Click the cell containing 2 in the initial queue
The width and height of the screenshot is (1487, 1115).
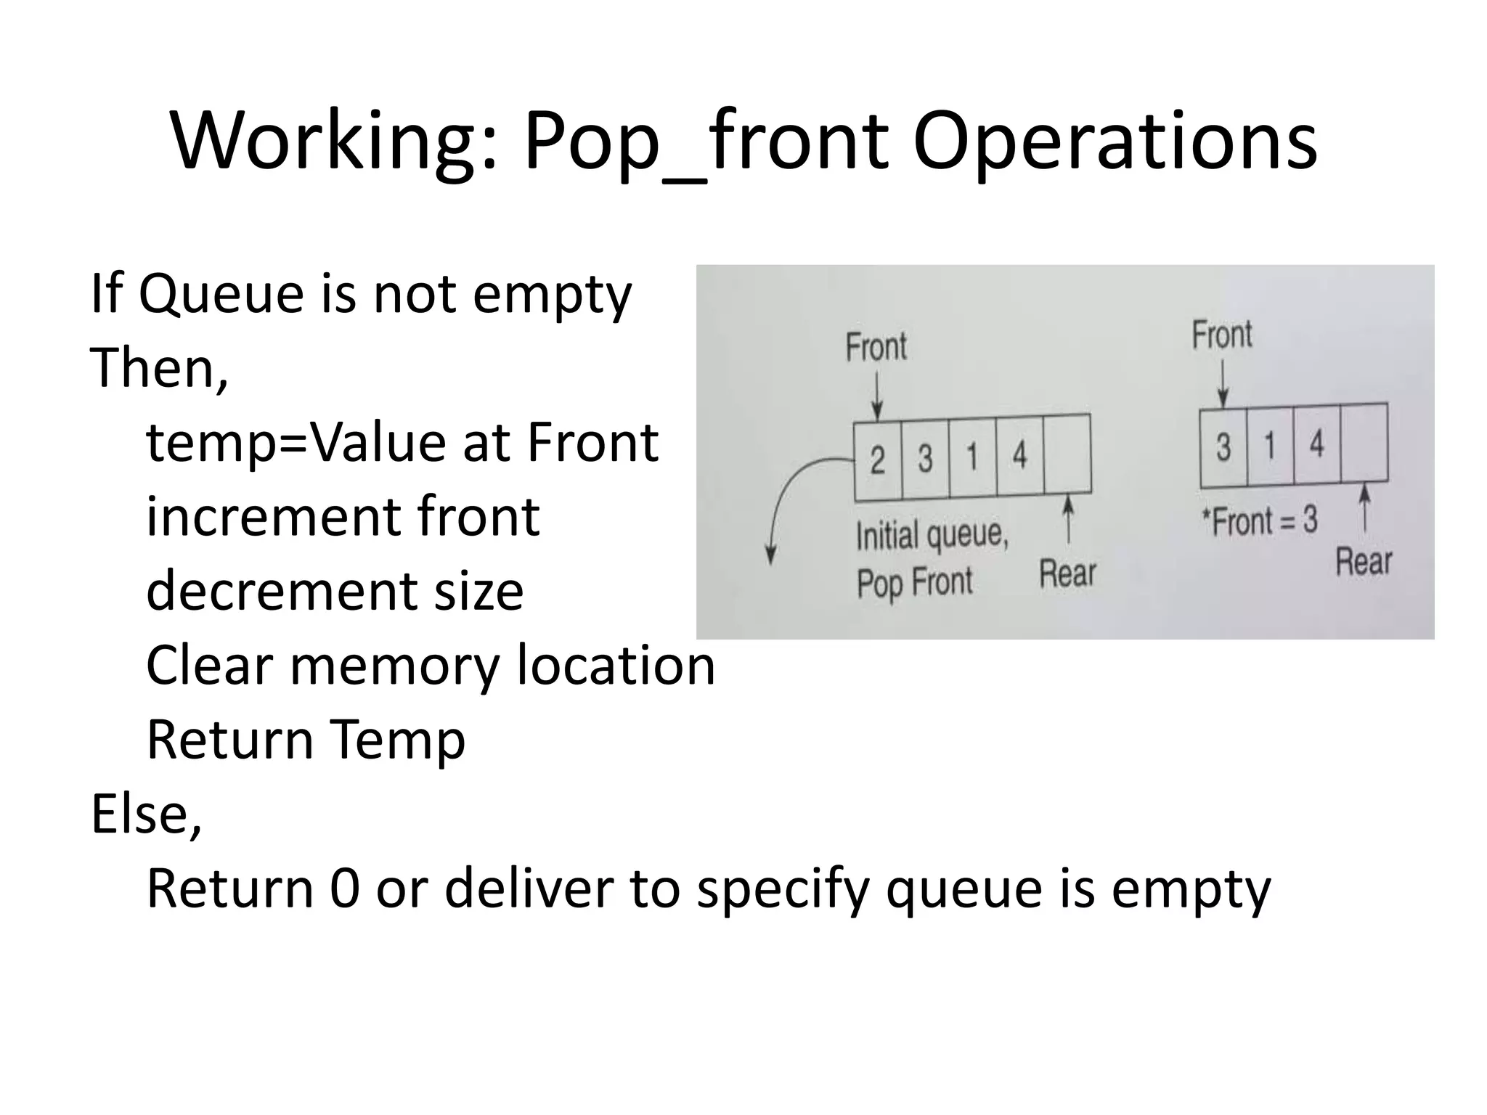pyautogui.click(x=878, y=460)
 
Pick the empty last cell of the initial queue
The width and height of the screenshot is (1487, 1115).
pyautogui.click(x=1067, y=454)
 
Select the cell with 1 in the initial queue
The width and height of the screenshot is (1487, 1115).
pyautogui.click(x=972, y=457)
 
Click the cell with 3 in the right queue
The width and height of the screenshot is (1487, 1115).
pyautogui.click(x=1223, y=447)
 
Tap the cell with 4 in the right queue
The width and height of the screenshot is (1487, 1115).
pyautogui.click(x=1316, y=444)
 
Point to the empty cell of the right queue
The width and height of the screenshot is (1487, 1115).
pyautogui.click(x=1364, y=442)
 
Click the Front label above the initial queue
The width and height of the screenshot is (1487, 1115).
pyautogui.click(x=876, y=347)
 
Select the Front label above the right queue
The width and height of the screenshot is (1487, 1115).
pyautogui.click(x=1222, y=335)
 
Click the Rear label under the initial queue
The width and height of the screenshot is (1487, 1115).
pyautogui.click(x=1067, y=573)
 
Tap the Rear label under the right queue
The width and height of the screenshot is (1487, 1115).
pyautogui.click(x=1364, y=562)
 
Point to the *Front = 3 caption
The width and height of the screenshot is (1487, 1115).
pyautogui.click(x=1260, y=521)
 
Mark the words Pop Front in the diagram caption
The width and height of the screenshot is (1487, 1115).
pyautogui.click(x=914, y=582)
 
